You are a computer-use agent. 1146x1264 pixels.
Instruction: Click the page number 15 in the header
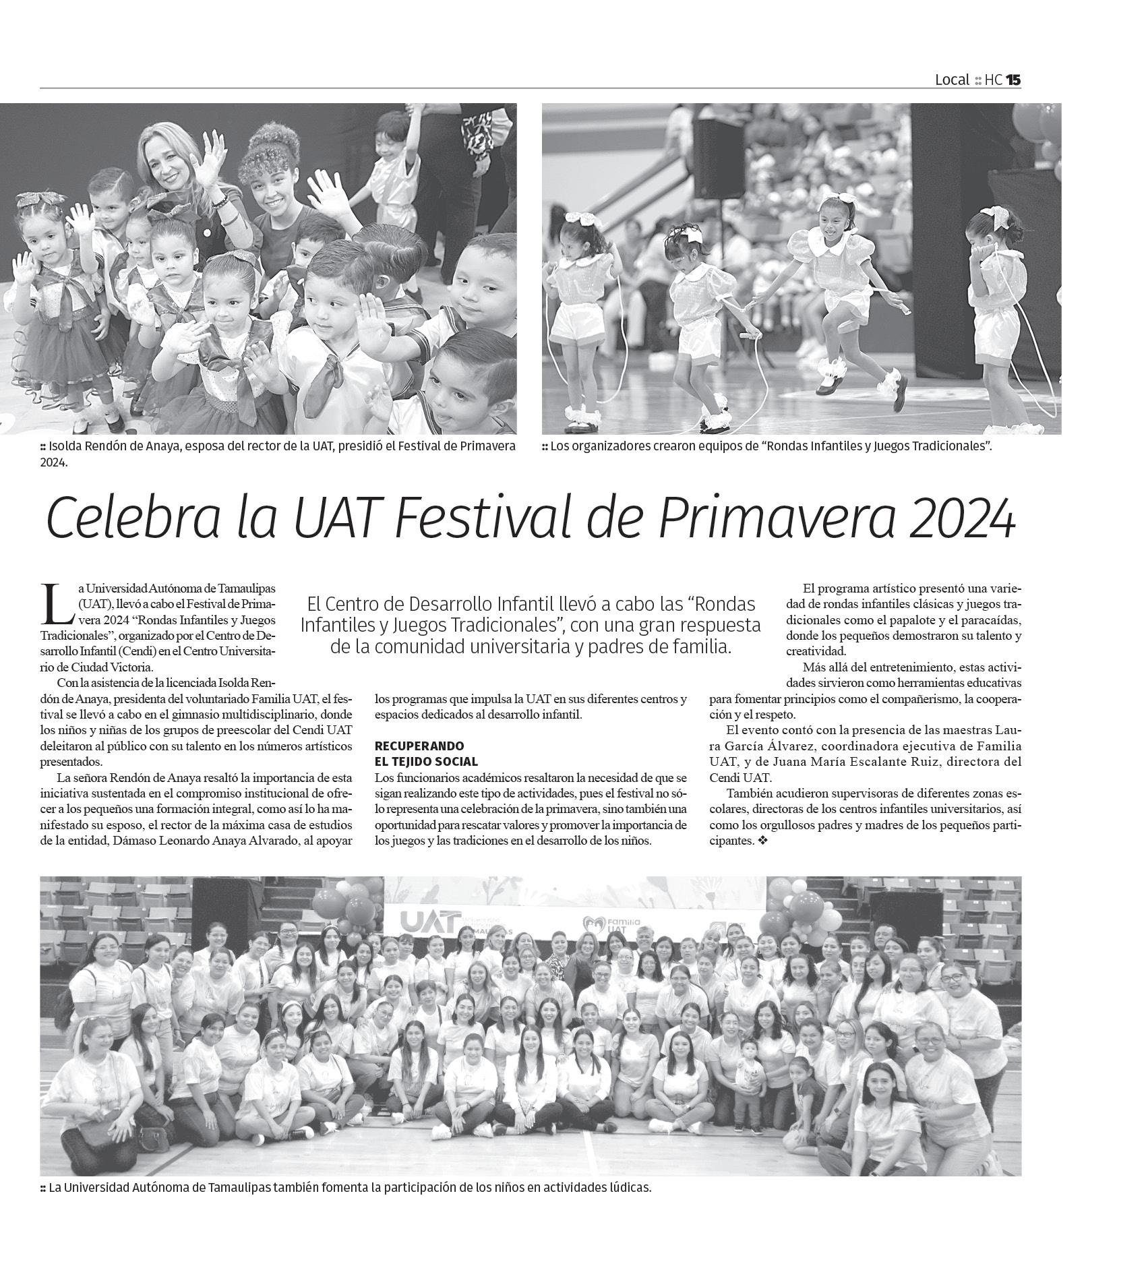pyautogui.click(x=1013, y=80)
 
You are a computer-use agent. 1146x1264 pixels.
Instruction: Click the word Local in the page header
pyautogui.click(x=951, y=80)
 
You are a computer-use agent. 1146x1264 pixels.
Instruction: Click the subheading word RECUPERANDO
pyautogui.click(x=419, y=746)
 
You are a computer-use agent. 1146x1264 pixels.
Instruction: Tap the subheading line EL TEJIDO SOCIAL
pyautogui.click(x=426, y=762)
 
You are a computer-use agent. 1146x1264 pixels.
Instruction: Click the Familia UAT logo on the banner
pyautogui.click(x=611, y=924)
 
